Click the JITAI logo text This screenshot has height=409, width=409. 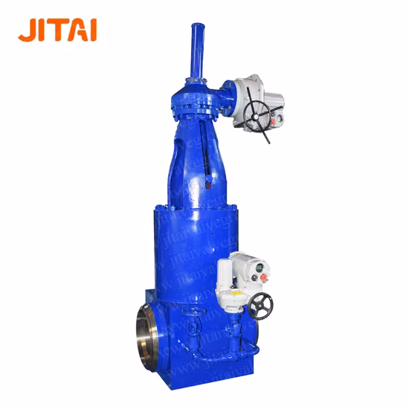click(x=57, y=29)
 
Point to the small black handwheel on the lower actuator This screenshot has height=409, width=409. click(x=260, y=304)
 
